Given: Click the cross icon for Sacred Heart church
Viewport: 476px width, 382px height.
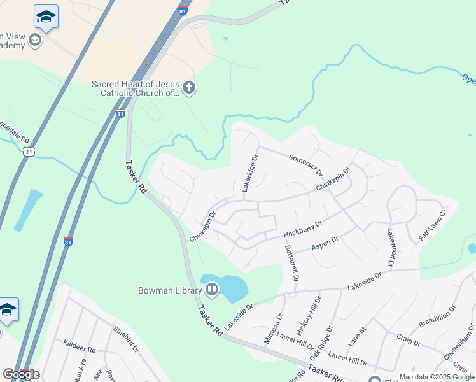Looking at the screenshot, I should tap(188, 88).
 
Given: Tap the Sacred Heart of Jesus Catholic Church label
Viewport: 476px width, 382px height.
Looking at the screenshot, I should tap(136, 88).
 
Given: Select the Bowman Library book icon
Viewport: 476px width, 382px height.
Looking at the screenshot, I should tap(211, 290).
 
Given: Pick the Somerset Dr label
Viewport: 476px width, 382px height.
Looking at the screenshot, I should tap(306, 164).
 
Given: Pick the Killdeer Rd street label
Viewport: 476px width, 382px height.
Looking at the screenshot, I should tap(79, 346).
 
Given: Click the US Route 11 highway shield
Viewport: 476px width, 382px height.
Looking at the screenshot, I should tap(27, 152).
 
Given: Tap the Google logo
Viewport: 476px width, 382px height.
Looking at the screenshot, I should tap(21, 374).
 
